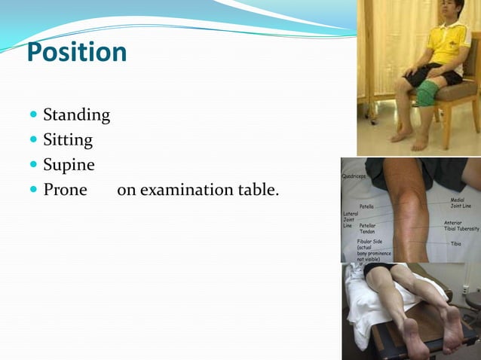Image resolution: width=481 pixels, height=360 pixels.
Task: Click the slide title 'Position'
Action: (76, 53)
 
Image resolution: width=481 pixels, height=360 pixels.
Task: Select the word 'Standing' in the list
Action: (76, 115)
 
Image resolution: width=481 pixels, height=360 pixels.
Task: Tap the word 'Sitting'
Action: (68, 140)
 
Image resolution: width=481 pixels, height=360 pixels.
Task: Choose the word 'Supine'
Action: (69, 165)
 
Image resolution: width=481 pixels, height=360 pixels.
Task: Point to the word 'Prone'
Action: (65, 189)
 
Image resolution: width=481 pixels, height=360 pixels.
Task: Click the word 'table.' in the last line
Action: (259, 189)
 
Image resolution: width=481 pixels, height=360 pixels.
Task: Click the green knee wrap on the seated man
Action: (427, 94)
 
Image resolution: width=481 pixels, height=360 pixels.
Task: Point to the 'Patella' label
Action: (366, 206)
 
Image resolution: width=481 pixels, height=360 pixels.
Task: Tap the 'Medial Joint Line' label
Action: (461, 203)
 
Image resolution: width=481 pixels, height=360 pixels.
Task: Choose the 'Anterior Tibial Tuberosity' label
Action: (461, 225)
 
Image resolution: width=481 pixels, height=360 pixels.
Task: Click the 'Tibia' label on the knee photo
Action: (456, 244)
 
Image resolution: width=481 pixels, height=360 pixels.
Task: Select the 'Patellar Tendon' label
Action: (367, 228)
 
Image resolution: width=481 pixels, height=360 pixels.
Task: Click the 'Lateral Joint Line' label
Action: (349, 220)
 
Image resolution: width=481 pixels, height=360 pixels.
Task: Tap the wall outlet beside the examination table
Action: (465, 288)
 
